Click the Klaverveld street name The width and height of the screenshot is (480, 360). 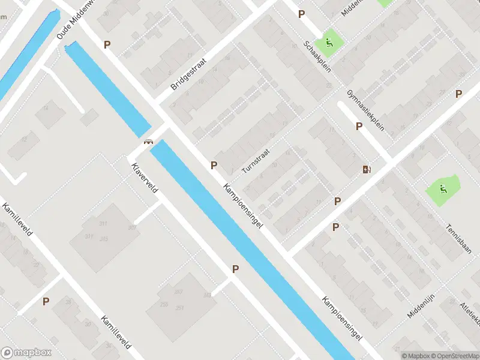point(143,175)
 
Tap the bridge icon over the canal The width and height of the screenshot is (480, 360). point(148,142)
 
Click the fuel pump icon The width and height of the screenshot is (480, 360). point(367,169)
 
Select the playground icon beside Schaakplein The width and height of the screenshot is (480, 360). point(329,42)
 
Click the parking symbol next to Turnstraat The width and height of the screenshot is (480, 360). point(214,165)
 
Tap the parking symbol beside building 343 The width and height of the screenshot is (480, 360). point(235,270)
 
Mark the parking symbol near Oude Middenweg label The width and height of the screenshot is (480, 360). point(107,44)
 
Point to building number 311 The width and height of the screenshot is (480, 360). point(103,224)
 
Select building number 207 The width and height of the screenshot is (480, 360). point(178,292)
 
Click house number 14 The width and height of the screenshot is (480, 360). point(46,109)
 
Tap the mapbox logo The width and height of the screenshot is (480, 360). point(26,353)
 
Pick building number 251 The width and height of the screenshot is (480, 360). point(179,308)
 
